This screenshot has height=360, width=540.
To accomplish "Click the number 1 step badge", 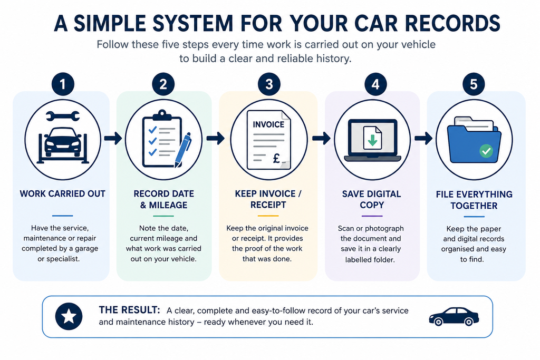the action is [63, 84].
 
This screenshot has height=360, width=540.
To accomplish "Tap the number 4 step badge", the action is [375, 84].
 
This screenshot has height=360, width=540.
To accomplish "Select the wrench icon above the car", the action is [63, 116].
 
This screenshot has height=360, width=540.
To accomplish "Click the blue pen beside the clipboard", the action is [183, 150].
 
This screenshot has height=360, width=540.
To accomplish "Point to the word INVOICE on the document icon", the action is [268, 124].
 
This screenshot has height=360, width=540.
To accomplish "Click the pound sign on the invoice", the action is [276, 158].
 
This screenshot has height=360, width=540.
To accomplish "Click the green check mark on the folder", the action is [486, 151].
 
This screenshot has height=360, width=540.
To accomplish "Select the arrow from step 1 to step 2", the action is [113, 138].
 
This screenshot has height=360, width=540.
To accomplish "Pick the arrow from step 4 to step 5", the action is [423, 138].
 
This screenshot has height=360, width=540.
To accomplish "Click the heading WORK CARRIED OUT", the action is [63, 194].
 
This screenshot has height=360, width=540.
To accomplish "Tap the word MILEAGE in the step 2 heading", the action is [168, 205].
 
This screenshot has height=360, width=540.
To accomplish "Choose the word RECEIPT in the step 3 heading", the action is [268, 205].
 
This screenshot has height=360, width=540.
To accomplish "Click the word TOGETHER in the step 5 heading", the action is [474, 206].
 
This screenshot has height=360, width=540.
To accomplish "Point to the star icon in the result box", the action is [69, 316].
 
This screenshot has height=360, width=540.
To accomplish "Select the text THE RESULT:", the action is [130, 310].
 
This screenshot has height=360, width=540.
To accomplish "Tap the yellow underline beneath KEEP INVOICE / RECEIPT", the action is [268, 216].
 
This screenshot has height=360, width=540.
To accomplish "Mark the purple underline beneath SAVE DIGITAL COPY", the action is [372, 216].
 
